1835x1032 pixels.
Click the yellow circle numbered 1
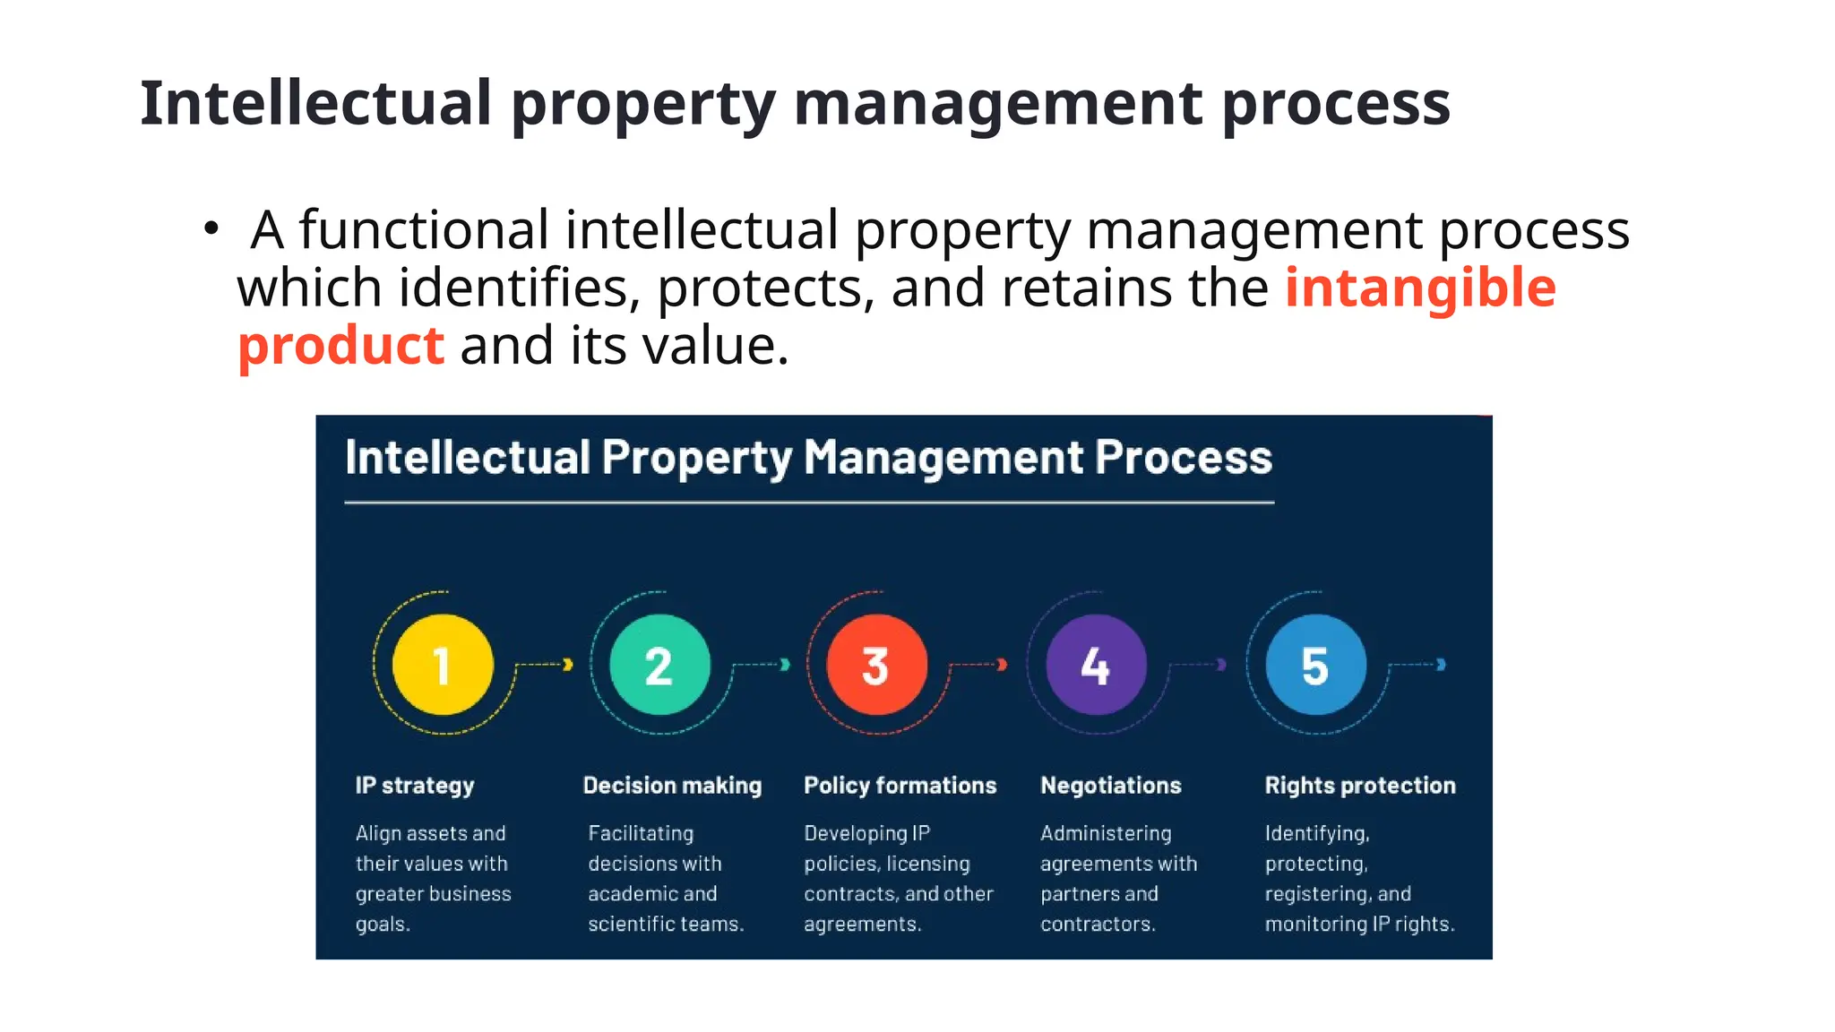point(443,665)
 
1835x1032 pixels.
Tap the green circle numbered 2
point(659,665)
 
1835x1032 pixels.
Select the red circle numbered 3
point(876,665)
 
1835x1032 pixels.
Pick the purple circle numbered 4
point(1096,665)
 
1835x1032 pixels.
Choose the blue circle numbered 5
point(1315,665)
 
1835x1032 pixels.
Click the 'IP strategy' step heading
point(415,786)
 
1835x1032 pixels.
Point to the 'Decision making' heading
point(672,786)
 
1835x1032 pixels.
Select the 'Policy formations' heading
point(900,786)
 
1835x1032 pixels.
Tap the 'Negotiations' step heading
point(1110,786)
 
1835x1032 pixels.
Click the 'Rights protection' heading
point(1359,786)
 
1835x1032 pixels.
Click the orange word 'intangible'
point(1420,288)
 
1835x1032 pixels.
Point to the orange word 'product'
point(340,346)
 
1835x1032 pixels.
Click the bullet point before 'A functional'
point(211,228)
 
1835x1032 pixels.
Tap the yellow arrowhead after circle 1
point(567,664)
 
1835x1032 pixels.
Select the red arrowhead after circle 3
point(1002,664)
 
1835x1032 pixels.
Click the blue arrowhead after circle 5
point(1441,664)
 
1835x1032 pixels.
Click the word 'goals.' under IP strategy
point(383,924)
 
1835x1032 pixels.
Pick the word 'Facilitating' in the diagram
point(641,833)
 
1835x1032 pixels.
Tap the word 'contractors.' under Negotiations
point(1098,924)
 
